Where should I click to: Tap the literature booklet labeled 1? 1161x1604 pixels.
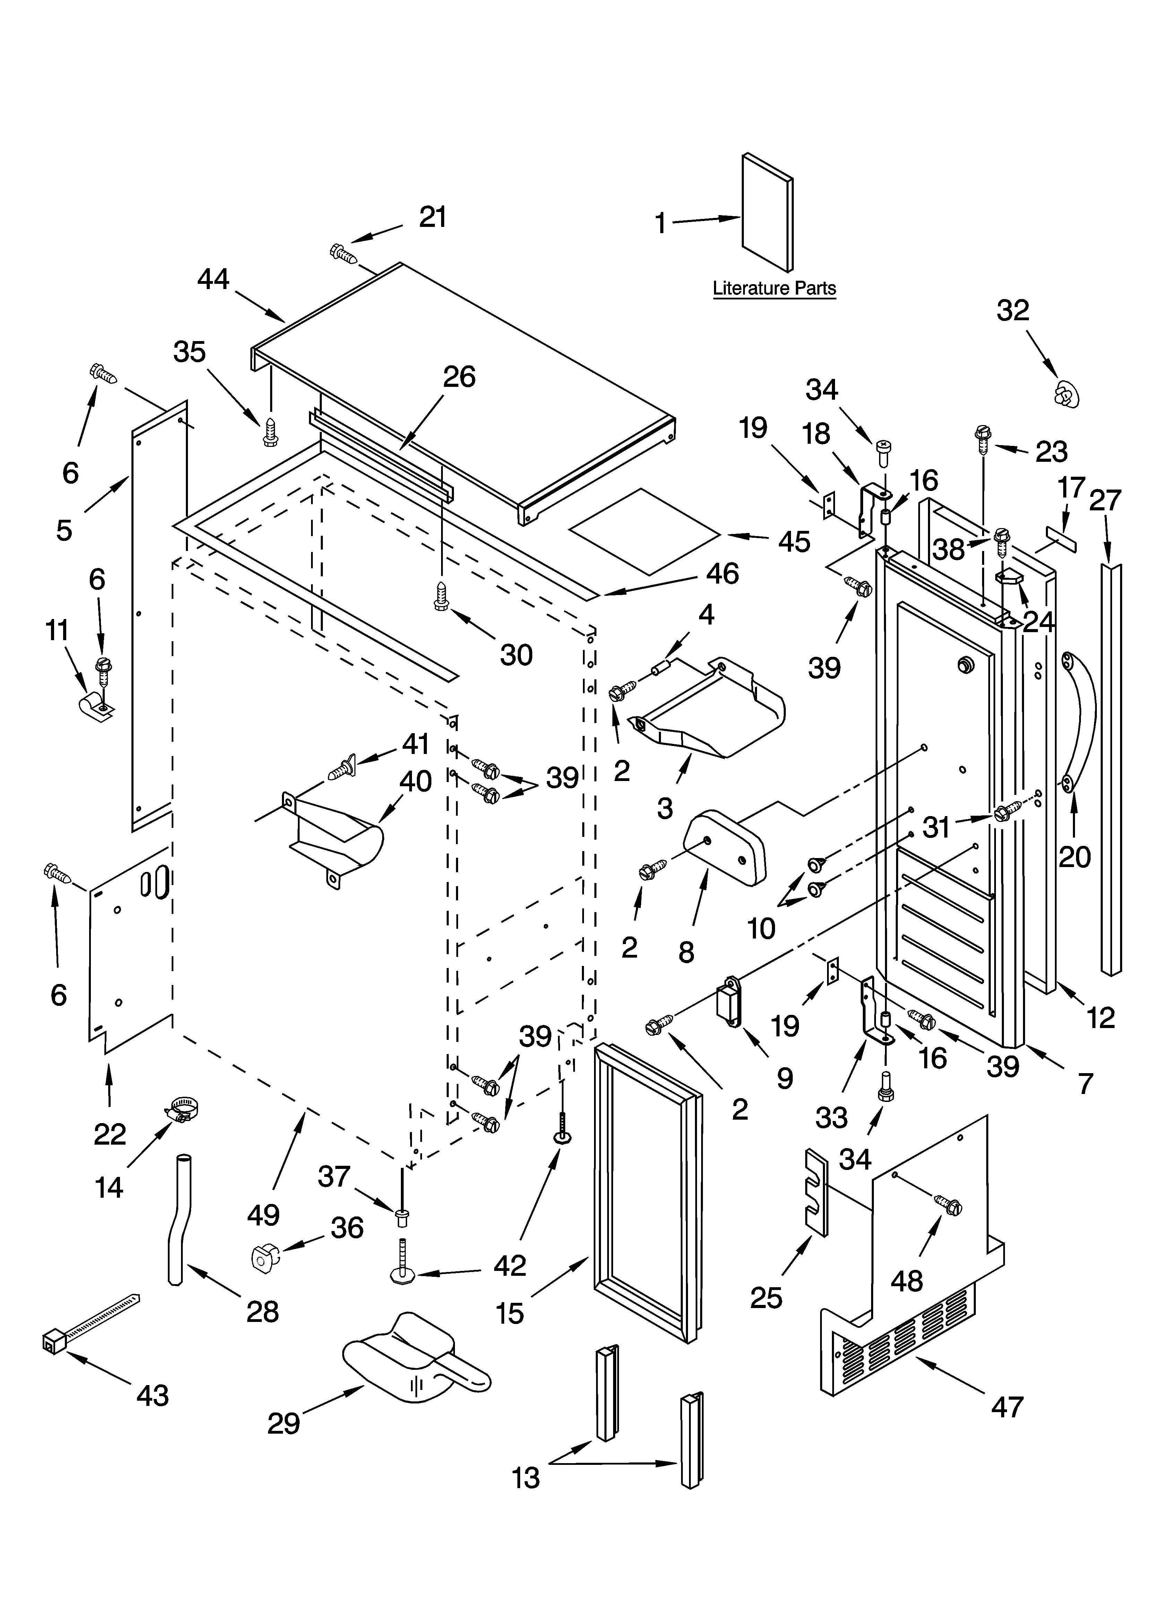[767, 212]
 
